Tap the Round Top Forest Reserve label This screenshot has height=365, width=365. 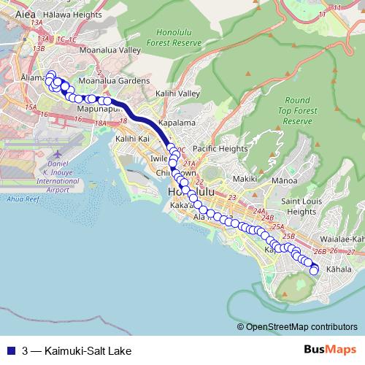tap(297, 110)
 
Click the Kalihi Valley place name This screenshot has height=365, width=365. tap(177, 94)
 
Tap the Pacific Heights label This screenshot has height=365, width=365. tap(220, 148)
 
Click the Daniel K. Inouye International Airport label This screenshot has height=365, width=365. tap(58, 173)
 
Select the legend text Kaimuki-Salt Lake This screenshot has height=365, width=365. tap(78, 350)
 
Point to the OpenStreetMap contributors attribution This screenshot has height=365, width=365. tap(301, 327)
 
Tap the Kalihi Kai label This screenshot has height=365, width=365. tap(132, 138)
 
